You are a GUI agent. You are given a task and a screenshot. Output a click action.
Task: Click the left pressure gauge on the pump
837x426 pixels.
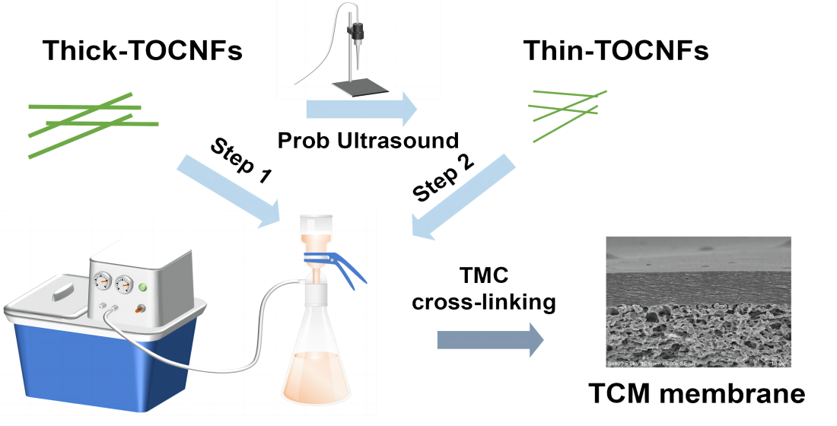[x=102, y=281]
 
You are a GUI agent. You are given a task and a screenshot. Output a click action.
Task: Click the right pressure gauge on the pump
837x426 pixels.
[x=123, y=285]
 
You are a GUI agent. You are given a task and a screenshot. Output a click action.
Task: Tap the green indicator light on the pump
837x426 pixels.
[x=142, y=288]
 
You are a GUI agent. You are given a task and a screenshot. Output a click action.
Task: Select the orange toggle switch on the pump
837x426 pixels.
[x=140, y=309]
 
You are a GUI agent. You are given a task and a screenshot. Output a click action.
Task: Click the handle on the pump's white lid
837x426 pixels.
[x=62, y=291]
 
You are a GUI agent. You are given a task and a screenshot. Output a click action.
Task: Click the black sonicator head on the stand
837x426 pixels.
[x=355, y=33]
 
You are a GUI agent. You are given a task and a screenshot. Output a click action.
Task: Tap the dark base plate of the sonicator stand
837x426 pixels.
[x=360, y=89]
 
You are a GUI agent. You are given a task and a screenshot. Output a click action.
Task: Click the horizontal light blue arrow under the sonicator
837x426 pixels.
[x=361, y=110]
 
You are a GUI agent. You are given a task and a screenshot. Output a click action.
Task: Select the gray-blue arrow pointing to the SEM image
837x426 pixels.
[x=490, y=339]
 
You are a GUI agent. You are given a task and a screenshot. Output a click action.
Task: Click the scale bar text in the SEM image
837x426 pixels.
[x=778, y=364]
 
